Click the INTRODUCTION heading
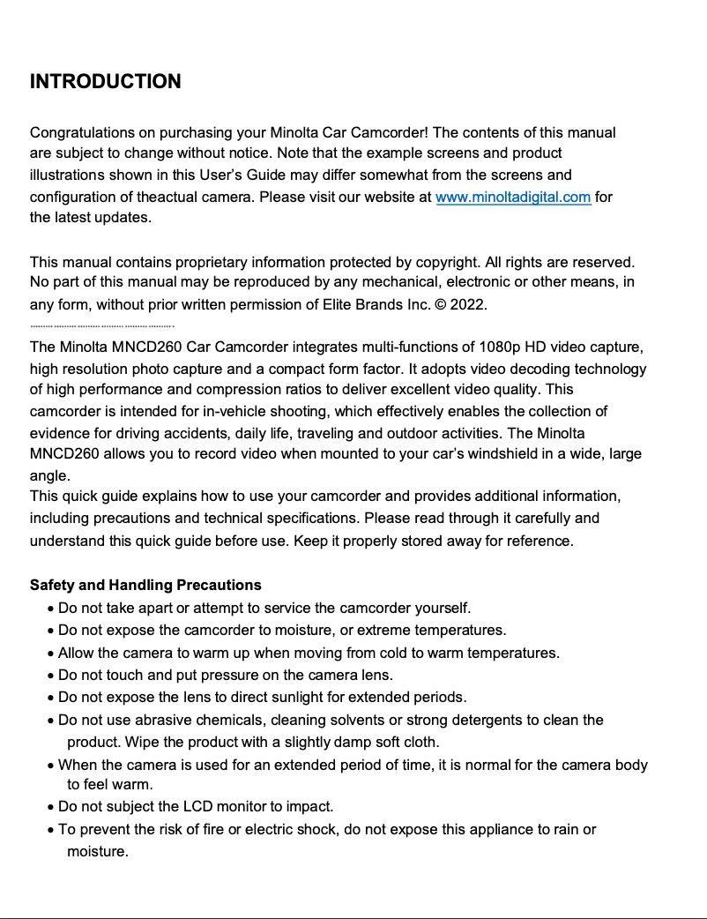106,82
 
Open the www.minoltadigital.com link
513,197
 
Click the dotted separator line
102,325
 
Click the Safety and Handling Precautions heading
145,585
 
